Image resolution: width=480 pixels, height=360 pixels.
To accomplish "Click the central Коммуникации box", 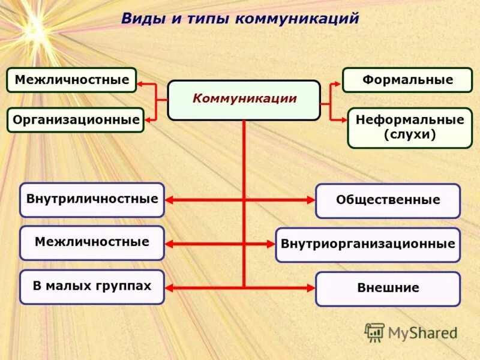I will tap(244, 100).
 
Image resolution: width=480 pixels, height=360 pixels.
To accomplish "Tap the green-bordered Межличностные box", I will tap(71, 80).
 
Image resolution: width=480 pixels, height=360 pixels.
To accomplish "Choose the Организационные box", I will tap(76, 120).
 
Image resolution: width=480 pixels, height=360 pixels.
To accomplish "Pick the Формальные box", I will tap(407, 80).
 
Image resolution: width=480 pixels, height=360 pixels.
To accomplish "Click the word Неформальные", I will tap(409, 119).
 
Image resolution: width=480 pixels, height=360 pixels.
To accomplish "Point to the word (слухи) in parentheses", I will tap(409, 135).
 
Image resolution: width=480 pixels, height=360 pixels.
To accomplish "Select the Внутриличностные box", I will tap(92, 199).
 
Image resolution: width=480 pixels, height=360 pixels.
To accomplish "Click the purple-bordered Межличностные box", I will tap(92, 242).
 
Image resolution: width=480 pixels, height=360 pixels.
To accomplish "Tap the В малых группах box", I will tap(92, 286).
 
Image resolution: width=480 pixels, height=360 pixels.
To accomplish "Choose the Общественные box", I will tap(388, 200).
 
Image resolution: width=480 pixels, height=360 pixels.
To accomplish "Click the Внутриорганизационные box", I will tap(367, 244).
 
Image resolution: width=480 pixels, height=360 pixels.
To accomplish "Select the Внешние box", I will tap(388, 288).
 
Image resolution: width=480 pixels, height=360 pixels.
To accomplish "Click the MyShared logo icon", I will tap(374, 332).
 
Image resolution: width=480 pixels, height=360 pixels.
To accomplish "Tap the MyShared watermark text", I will tap(422, 332).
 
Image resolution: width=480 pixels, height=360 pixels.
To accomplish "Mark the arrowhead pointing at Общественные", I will tap(310, 200).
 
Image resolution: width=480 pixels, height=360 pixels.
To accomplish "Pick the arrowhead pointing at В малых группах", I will tap(169, 288).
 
